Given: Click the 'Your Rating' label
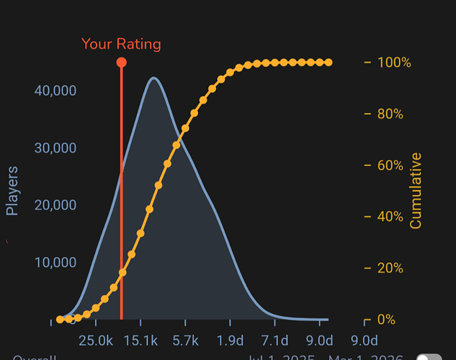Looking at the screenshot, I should [121, 44].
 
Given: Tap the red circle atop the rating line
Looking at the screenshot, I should [121, 63].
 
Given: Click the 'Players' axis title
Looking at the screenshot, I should [12, 191].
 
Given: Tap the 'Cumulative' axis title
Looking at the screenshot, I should [416, 191].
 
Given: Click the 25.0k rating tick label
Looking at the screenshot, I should [96, 340].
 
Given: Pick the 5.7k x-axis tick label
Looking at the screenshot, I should [185, 340].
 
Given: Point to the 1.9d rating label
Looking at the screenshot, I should [230, 340].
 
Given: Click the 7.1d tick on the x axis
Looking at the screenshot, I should [274, 340].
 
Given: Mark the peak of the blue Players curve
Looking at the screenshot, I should [153, 78].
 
